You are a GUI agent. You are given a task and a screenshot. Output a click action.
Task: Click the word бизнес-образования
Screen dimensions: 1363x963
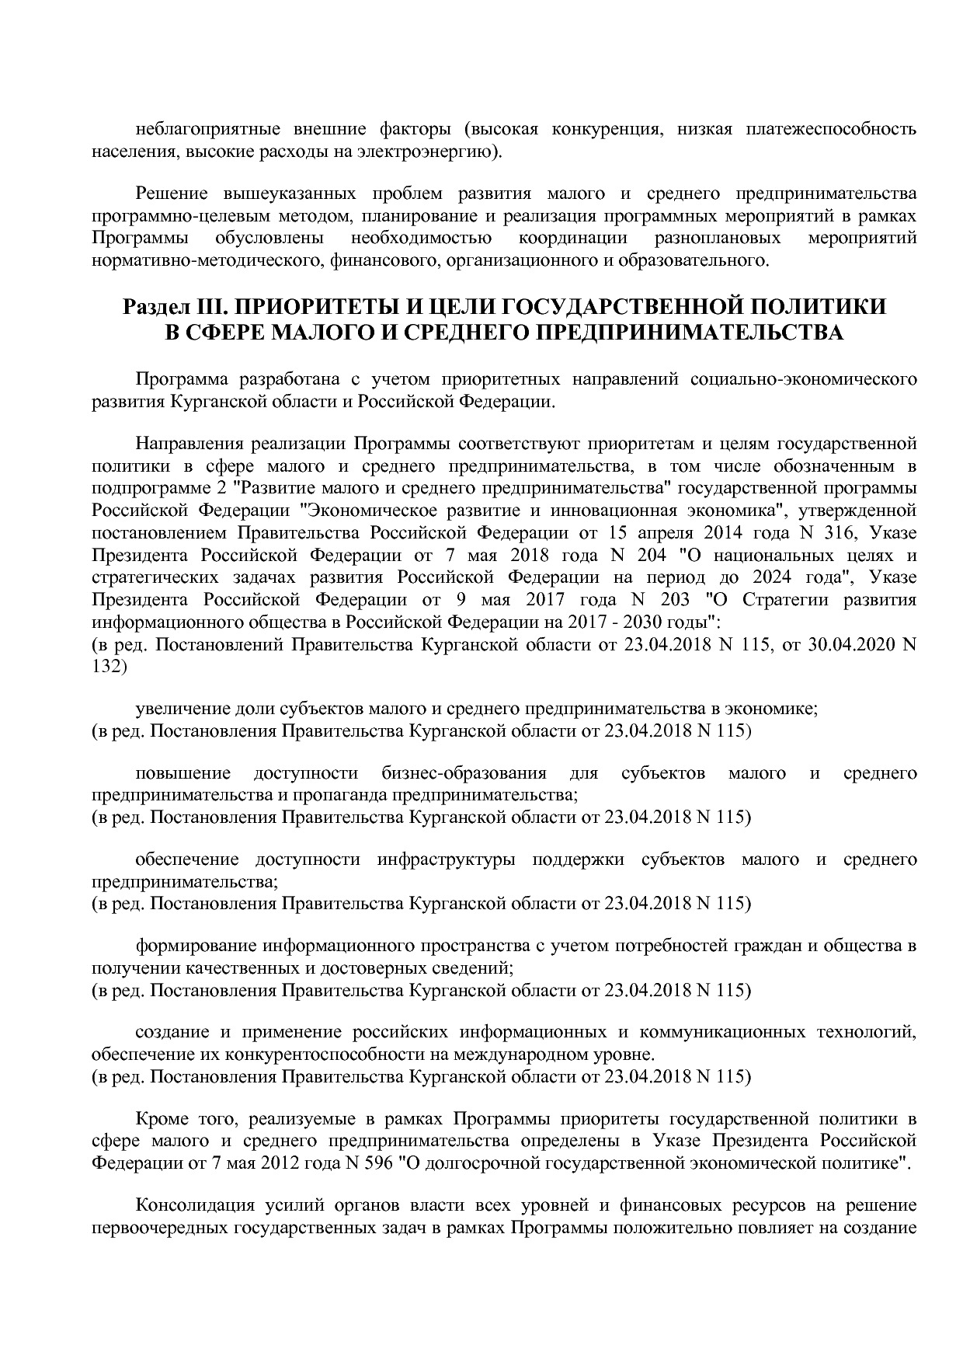(x=464, y=773)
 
